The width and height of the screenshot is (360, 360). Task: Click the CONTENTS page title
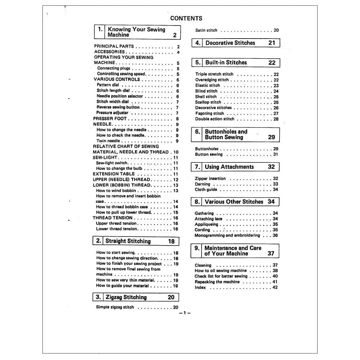(x=186, y=18)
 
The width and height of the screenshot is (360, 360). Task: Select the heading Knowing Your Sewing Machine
(x=136, y=32)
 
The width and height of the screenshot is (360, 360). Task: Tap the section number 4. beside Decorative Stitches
(x=198, y=43)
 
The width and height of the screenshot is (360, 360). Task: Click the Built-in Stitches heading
(x=226, y=62)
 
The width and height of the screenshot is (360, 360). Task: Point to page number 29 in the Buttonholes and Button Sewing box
(x=271, y=137)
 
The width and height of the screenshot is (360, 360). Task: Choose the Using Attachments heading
(x=229, y=167)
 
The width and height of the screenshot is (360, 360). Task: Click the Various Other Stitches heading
(x=234, y=202)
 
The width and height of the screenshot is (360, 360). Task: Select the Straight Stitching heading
(x=128, y=241)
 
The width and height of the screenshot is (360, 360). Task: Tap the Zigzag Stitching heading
(x=126, y=297)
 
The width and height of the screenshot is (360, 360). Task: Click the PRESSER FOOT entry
(x=110, y=118)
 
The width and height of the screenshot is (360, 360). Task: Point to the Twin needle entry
(x=108, y=141)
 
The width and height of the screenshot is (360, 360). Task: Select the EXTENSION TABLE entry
(x=114, y=174)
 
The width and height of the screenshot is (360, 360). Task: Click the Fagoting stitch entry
(x=210, y=113)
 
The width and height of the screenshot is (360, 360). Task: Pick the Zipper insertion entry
(x=210, y=179)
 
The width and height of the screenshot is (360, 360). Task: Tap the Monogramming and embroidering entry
(x=227, y=235)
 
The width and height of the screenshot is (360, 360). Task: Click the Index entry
(x=200, y=288)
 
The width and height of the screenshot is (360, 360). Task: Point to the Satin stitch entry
(x=206, y=31)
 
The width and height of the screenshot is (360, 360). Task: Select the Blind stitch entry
(x=206, y=91)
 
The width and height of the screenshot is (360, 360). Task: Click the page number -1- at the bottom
(x=185, y=313)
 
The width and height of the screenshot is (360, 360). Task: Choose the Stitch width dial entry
(x=113, y=102)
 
